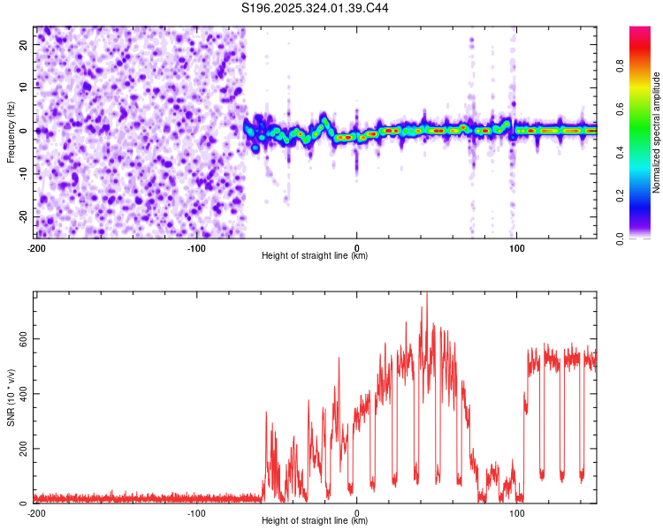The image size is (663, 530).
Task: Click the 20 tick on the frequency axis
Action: pyautogui.click(x=24, y=44)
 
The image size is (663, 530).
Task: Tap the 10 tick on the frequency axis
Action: pyautogui.click(x=24, y=87)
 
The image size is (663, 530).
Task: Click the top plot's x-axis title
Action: pyautogui.click(x=315, y=256)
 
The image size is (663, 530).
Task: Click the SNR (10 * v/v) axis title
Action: pyautogui.click(x=11, y=397)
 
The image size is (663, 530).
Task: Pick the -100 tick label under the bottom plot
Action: pyautogui.click(x=196, y=512)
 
